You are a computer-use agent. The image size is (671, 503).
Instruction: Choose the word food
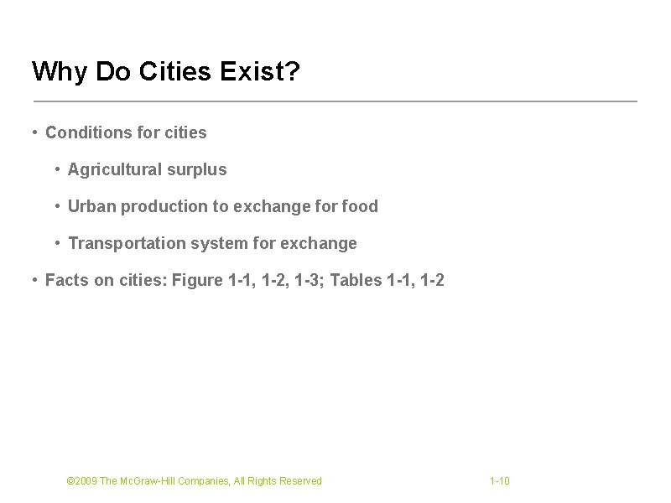click(360, 206)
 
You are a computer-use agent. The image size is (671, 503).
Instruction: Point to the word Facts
click(65, 280)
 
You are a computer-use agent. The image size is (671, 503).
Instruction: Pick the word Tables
click(356, 280)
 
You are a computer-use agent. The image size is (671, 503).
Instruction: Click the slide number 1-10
click(500, 481)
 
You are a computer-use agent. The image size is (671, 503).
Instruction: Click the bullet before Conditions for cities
click(33, 132)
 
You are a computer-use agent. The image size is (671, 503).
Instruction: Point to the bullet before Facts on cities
click(33, 280)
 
